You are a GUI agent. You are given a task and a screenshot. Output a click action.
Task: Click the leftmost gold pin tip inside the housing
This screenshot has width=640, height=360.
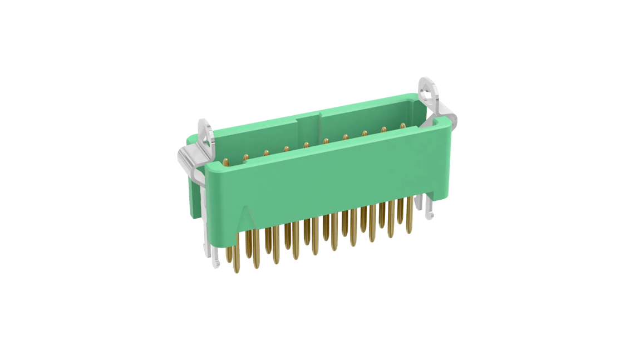click(226, 162)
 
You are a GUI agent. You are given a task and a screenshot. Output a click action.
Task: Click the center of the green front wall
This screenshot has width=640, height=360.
click(328, 178)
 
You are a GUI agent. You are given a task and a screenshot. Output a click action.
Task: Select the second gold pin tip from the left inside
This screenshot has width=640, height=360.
click(245, 158)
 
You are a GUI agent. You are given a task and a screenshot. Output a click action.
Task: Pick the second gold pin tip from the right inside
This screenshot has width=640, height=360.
click(383, 129)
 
